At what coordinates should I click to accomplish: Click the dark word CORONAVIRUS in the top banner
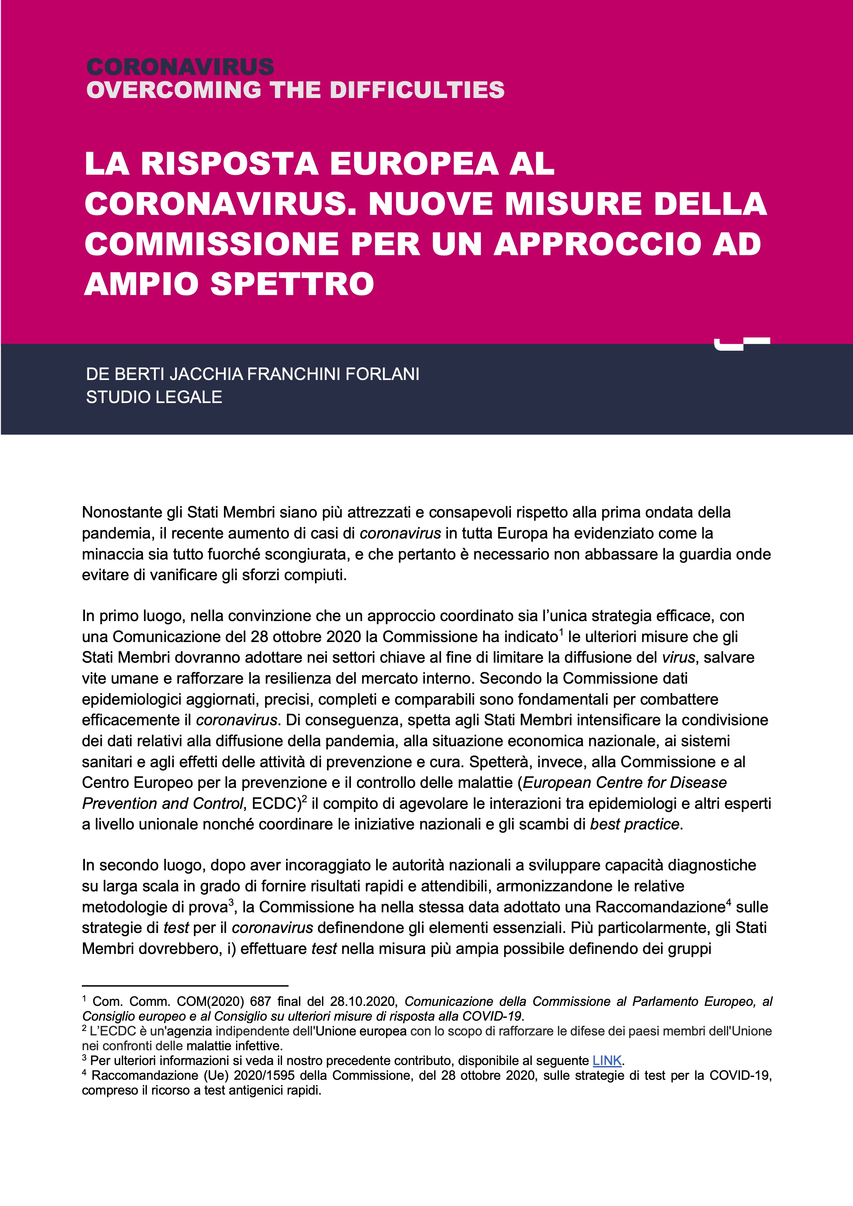[x=180, y=67]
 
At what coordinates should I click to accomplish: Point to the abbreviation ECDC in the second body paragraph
[x=276, y=804]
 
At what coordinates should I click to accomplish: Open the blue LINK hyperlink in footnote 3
[x=607, y=1061]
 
